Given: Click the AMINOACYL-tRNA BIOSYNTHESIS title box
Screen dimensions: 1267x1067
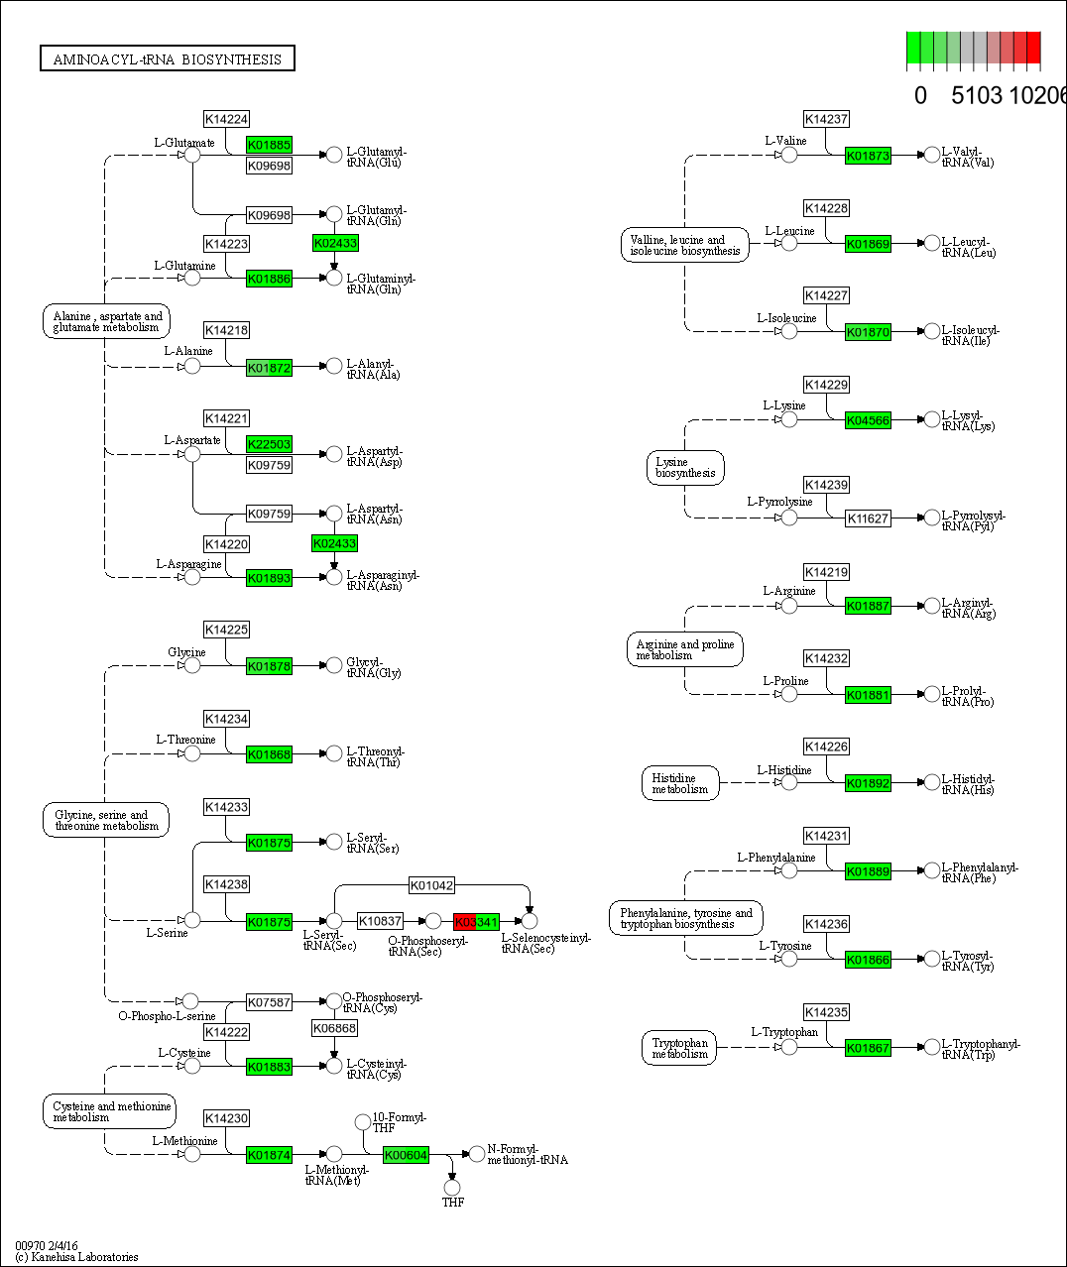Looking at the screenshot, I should [168, 59].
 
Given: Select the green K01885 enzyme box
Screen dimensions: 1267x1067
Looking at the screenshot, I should [269, 145].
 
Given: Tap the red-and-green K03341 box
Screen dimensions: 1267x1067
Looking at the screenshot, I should [476, 922].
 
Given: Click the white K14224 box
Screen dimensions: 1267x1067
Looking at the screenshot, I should [226, 119].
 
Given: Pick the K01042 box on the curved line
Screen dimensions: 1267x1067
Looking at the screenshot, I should [432, 885].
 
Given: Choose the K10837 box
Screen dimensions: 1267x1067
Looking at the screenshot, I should [380, 921].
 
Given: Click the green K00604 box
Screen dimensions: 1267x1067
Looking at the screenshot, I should [406, 1155].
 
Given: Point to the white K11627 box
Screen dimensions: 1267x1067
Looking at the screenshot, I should [868, 518].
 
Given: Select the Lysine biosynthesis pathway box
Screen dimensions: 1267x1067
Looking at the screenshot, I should [685, 468].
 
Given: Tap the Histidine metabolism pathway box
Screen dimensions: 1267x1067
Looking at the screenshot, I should [680, 783].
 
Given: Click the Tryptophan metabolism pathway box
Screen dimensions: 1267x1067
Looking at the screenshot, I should [680, 1048].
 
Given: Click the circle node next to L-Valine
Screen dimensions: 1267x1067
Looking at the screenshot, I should [789, 156].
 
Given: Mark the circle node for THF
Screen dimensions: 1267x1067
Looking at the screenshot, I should [452, 1187].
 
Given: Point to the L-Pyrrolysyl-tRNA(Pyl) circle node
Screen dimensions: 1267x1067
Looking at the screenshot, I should [932, 518].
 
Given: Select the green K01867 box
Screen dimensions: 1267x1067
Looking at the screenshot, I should [868, 1048].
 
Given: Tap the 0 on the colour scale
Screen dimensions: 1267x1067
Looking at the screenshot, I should [920, 95].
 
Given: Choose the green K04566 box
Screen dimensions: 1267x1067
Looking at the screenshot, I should [868, 420].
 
